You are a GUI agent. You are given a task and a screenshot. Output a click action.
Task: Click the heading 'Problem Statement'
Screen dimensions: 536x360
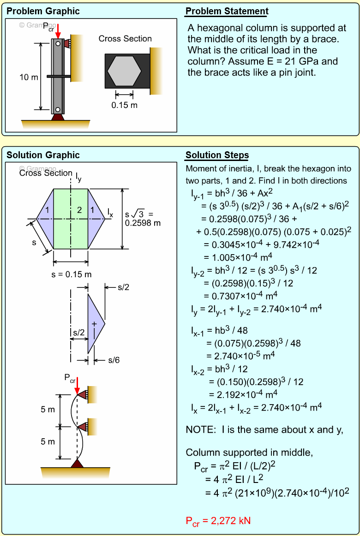pyautogui.click(x=227, y=12)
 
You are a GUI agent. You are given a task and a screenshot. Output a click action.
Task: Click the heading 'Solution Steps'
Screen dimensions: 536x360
pyautogui.click(x=217, y=155)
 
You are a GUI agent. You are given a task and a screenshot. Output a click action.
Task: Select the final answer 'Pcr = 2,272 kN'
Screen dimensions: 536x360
pyautogui.click(x=218, y=521)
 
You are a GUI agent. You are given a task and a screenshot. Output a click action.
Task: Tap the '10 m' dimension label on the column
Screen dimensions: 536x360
pyautogui.click(x=29, y=77)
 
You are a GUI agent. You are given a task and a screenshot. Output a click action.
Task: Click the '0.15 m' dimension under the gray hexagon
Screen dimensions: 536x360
pyautogui.click(x=124, y=105)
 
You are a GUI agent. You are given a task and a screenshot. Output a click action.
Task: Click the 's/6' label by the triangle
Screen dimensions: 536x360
pyautogui.click(x=114, y=360)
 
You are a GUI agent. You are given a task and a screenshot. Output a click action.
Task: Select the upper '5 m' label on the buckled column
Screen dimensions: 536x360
pyautogui.click(x=48, y=410)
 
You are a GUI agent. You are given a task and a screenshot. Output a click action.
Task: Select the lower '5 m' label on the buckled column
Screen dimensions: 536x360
pyautogui.click(x=48, y=442)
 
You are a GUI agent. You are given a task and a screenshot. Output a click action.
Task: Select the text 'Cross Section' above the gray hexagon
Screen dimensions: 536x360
pyautogui.click(x=125, y=39)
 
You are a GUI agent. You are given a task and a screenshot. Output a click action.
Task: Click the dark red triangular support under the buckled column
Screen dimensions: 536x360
pyautogui.click(x=77, y=463)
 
